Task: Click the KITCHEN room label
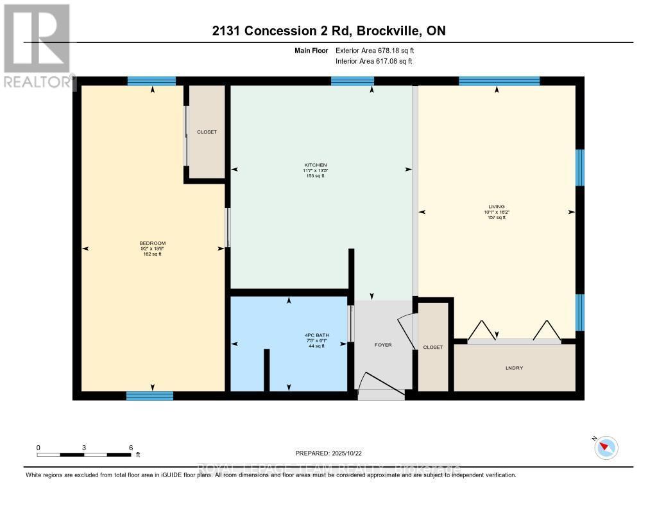click(x=315, y=165)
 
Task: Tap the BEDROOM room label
click(x=152, y=243)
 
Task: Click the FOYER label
click(x=382, y=345)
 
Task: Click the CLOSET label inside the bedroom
click(x=207, y=132)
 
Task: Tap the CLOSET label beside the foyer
click(x=432, y=347)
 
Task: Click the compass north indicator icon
click(x=606, y=447)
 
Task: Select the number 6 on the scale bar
click(x=131, y=447)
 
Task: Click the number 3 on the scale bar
click(x=84, y=447)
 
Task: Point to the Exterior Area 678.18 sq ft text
click(x=380, y=50)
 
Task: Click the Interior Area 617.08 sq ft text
click(x=374, y=62)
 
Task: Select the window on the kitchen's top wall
click(x=352, y=81)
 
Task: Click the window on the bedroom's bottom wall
click(x=149, y=396)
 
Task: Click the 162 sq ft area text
click(x=152, y=254)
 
